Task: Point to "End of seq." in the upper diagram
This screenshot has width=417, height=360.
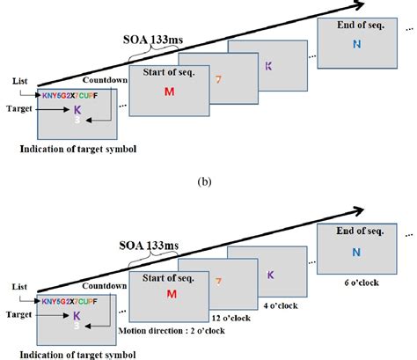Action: (355, 26)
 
